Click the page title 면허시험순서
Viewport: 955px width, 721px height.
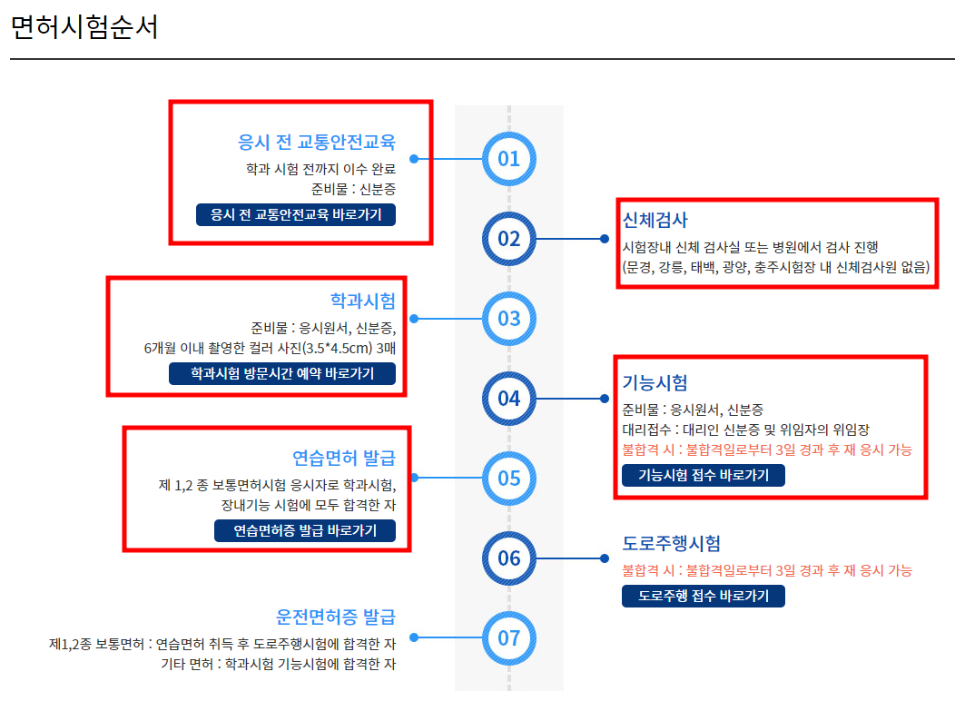coord(84,27)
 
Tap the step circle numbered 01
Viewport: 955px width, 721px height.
coord(508,159)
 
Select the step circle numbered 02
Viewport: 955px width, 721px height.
coord(508,239)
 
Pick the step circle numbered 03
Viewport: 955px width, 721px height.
coord(508,319)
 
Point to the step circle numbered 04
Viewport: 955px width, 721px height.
coord(508,398)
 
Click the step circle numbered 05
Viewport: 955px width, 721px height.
coord(508,478)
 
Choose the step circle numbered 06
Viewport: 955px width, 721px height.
coord(508,558)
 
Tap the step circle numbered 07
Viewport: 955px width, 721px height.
coord(508,637)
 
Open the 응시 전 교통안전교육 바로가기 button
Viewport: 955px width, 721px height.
coord(296,215)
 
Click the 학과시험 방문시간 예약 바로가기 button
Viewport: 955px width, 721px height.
coord(282,373)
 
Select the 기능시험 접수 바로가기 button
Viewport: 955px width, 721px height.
coord(703,475)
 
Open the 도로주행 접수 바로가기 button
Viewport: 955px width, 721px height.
coord(703,596)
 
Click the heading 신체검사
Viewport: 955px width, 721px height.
coord(655,221)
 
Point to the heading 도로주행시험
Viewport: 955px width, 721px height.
coord(672,543)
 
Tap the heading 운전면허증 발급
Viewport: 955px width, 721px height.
coord(336,617)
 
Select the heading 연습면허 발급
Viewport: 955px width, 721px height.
coord(344,458)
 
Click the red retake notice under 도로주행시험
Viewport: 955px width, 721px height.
coord(767,570)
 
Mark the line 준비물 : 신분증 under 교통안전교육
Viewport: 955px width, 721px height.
coord(353,190)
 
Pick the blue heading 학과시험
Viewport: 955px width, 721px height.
coord(363,301)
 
